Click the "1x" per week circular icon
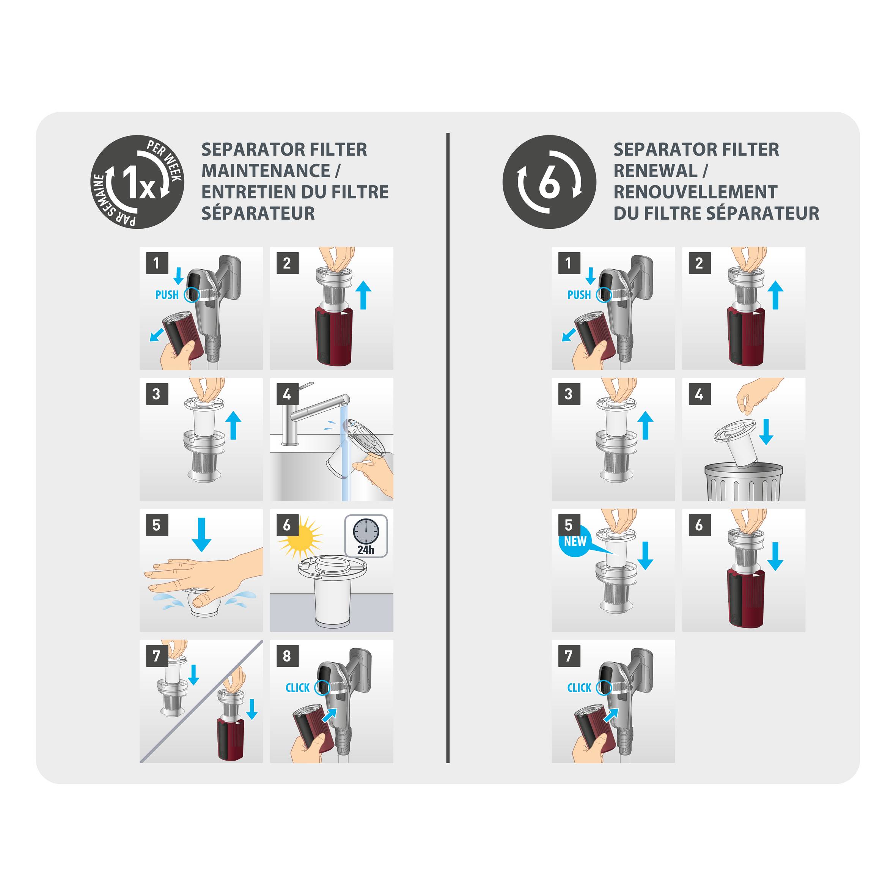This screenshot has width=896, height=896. tap(137, 182)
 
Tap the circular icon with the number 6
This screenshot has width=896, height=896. tap(549, 182)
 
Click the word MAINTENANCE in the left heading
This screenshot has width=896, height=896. tap(265, 171)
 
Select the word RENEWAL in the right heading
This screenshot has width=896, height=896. tap(655, 171)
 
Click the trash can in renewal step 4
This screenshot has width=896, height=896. tap(744, 481)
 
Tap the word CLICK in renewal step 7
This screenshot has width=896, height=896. tap(579, 688)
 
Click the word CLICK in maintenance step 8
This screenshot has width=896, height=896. tap(297, 688)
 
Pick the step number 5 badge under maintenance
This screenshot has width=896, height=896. tap(156, 525)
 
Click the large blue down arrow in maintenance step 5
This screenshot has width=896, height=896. tap(201, 534)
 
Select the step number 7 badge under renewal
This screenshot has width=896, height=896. tap(569, 656)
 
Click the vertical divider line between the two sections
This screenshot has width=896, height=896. tap(448, 448)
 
